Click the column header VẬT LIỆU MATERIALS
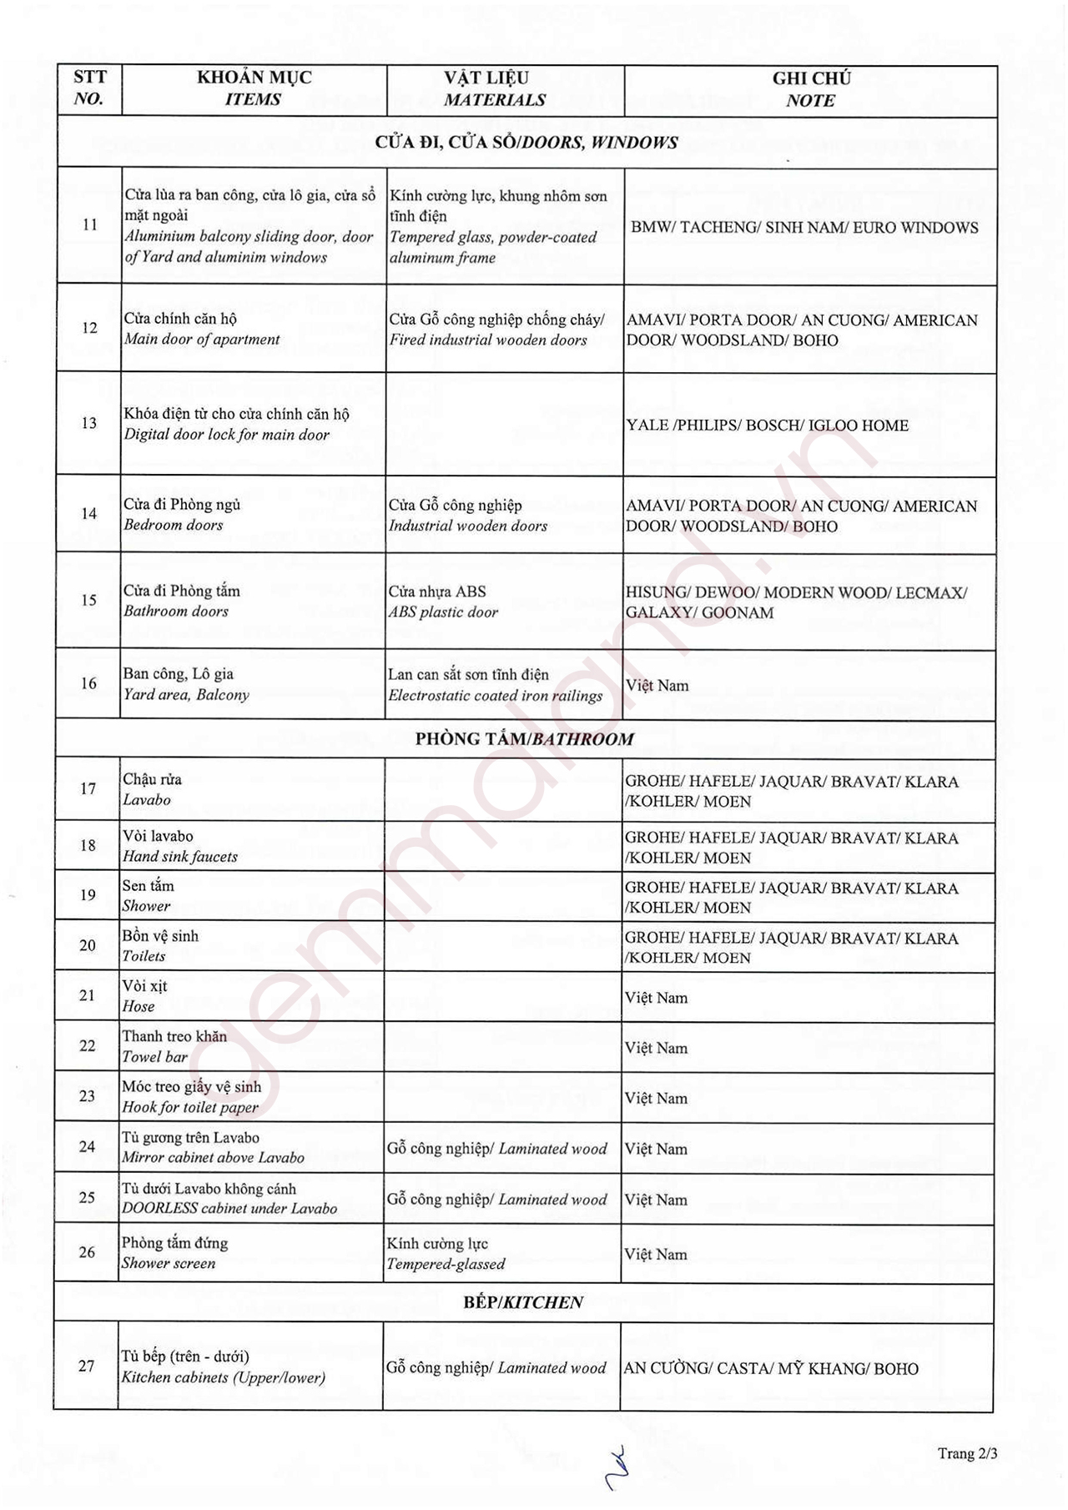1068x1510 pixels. click(x=494, y=89)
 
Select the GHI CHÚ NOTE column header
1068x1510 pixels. click(x=810, y=89)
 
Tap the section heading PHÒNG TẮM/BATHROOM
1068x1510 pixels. click(x=524, y=739)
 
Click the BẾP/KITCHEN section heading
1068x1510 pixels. click(x=523, y=1302)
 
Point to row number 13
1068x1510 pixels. click(x=89, y=424)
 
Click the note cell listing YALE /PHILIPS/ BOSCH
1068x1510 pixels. click(x=768, y=425)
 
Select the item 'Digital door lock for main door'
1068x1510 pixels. click(x=227, y=435)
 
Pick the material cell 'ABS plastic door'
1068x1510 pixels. click(x=443, y=612)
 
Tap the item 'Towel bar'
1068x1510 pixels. click(x=155, y=1057)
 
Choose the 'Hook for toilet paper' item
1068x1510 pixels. click(x=190, y=1108)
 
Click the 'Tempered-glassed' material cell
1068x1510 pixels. click(x=446, y=1264)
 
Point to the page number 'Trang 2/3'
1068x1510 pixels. click(x=967, y=1453)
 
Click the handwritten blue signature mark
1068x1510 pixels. click(x=617, y=1467)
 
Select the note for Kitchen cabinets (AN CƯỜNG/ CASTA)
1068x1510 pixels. click(x=771, y=1369)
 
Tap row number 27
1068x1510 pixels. click(x=87, y=1367)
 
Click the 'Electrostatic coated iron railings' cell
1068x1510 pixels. click(x=495, y=696)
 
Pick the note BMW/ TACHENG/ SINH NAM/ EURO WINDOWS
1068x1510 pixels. click(x=804, y=228)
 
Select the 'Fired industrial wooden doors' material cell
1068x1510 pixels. click(x=488, y=340)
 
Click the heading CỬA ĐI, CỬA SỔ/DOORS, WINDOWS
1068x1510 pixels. click(x=526, y=143)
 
